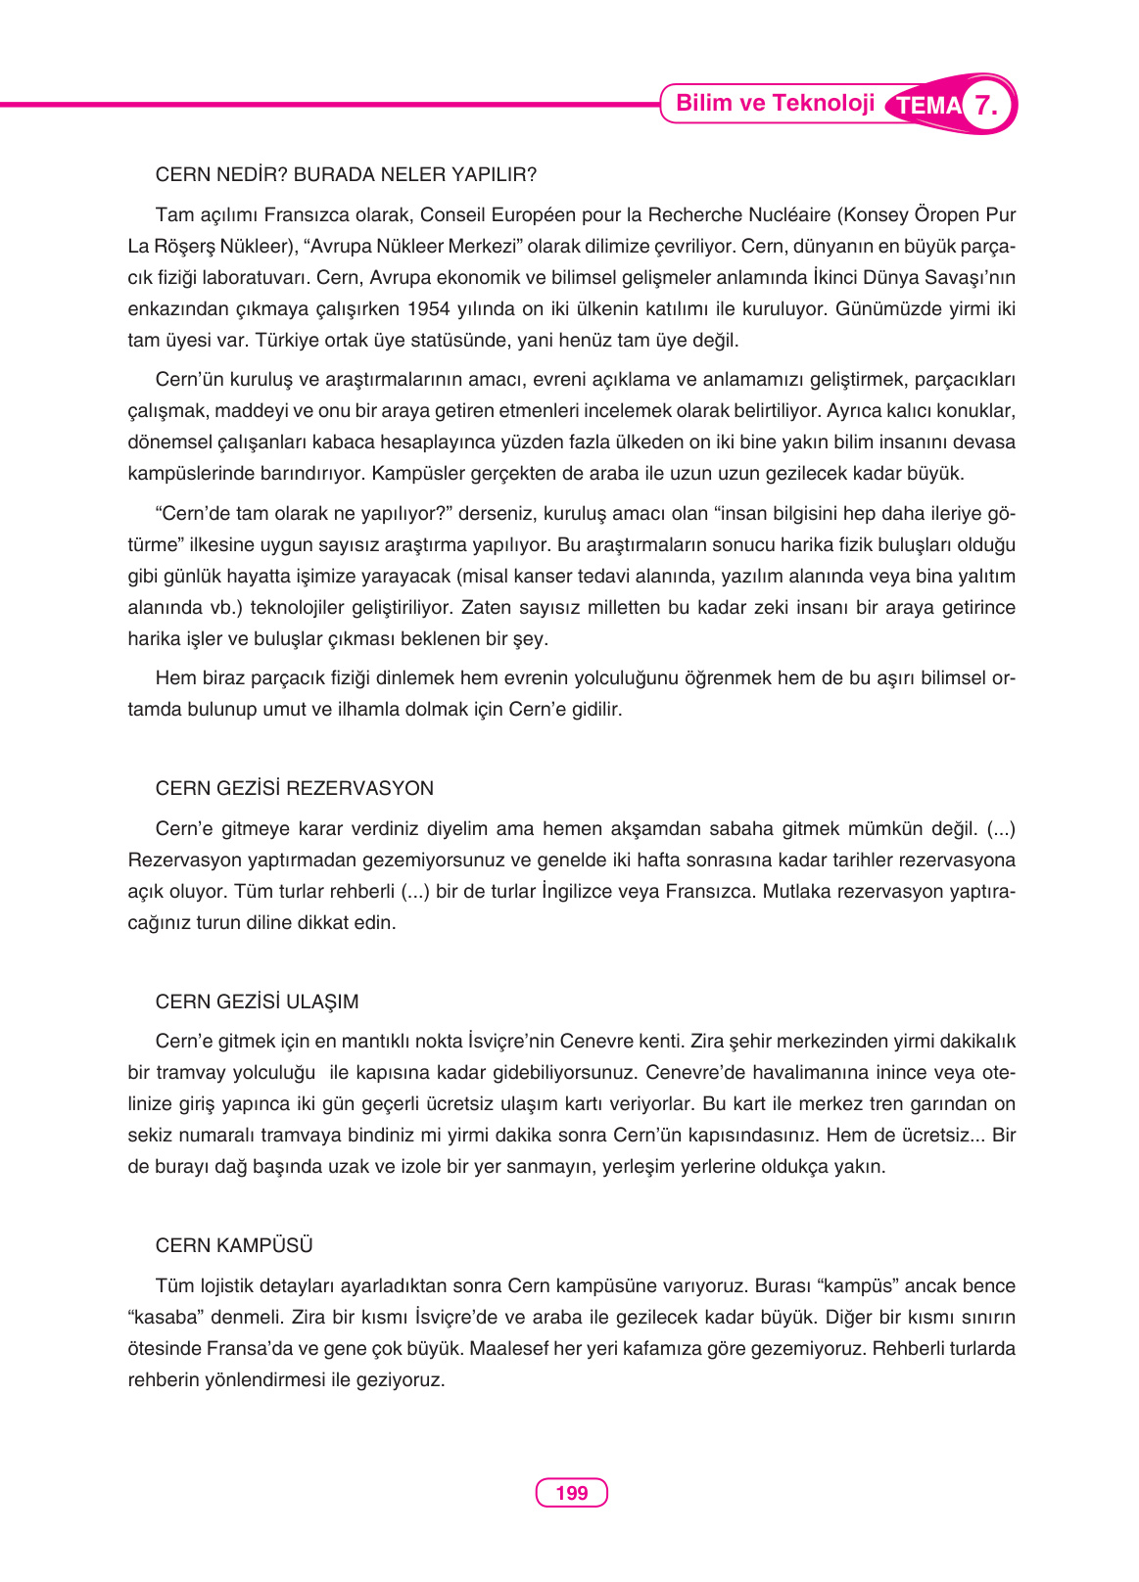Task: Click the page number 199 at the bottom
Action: coord(571,1493)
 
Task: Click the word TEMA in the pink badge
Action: coord(927,106)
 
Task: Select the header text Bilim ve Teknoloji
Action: coord(775,104)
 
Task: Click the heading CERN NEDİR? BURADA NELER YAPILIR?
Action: coord(346,175)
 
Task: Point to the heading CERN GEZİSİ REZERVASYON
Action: coord(294,789)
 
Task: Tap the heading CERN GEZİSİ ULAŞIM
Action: coord(257,1001)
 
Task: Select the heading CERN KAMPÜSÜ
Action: coord(234,1245)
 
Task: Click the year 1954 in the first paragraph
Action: coord(429,309)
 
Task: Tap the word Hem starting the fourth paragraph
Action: coord(175,678)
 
